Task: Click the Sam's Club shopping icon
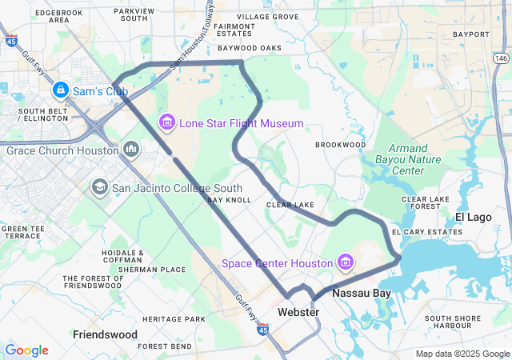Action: pos(61,90)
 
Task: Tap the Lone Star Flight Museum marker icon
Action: pos(167,123)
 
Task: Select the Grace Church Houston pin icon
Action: pos(131,150)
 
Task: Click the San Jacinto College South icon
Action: pos(99,188)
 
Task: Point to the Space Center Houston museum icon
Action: pos(346,262)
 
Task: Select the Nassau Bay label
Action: pos(362,294)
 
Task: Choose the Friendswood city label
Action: pos(106,334)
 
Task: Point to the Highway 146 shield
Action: pos(501,58)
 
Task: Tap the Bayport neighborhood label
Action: pos(470,34)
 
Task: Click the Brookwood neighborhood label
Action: pos(340,145)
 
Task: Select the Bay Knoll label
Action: pos(230,200)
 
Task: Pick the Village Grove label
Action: pos(267,17)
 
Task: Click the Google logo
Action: pos(26,350)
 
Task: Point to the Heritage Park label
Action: pos(178,319)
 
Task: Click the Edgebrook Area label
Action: pos(59,16)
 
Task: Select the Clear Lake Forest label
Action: pos(421,202)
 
